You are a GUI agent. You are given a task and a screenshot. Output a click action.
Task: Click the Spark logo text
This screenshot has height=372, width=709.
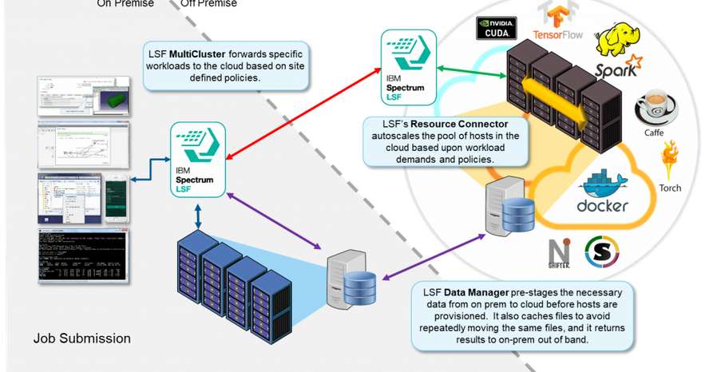[616, 68]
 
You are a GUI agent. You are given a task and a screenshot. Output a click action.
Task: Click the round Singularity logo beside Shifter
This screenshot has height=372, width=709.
[602, 251]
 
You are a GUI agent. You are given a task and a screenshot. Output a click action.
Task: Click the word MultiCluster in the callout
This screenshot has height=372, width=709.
[198, 53]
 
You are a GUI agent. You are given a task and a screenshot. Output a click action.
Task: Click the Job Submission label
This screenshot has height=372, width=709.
[82, 338]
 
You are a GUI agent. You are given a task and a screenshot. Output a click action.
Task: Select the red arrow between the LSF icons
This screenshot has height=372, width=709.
[303, 112]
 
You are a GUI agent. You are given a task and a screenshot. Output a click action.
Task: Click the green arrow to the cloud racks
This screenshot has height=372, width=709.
[471, 70]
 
